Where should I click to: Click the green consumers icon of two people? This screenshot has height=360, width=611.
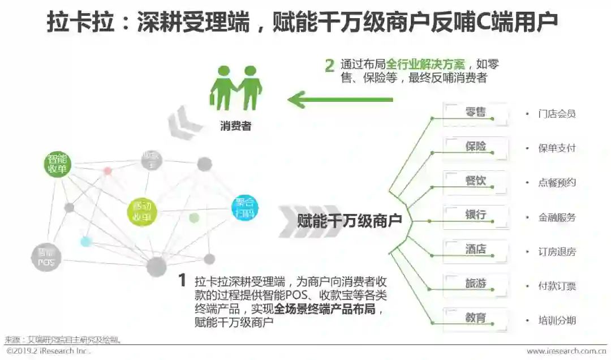coord(236,88)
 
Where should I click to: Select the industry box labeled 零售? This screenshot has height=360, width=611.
coord(475,112)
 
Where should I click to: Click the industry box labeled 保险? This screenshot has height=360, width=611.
coord(475,147)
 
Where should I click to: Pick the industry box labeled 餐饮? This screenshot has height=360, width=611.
coord(475,181)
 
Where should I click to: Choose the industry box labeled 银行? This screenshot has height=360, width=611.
coord(475,215)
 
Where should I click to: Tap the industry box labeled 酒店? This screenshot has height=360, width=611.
coord(475,250)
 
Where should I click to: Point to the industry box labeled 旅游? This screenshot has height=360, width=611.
coord(475,284)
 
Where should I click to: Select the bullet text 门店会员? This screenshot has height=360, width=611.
coord(557,114)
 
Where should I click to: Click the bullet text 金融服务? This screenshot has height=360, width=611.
coord(557,217)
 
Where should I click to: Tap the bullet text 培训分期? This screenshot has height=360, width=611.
coord(557,320)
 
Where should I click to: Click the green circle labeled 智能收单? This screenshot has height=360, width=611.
coord(58,163)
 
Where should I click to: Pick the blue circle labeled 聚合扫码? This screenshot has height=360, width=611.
coord(244,207)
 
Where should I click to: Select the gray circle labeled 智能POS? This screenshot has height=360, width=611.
coord(46,257)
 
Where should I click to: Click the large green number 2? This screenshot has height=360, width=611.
coord(329,66)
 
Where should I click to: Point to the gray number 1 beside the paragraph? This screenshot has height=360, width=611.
coord(182,280)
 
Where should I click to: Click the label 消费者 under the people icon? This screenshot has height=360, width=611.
coord(235,126)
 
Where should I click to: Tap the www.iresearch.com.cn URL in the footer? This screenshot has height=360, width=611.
coord(566,352)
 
